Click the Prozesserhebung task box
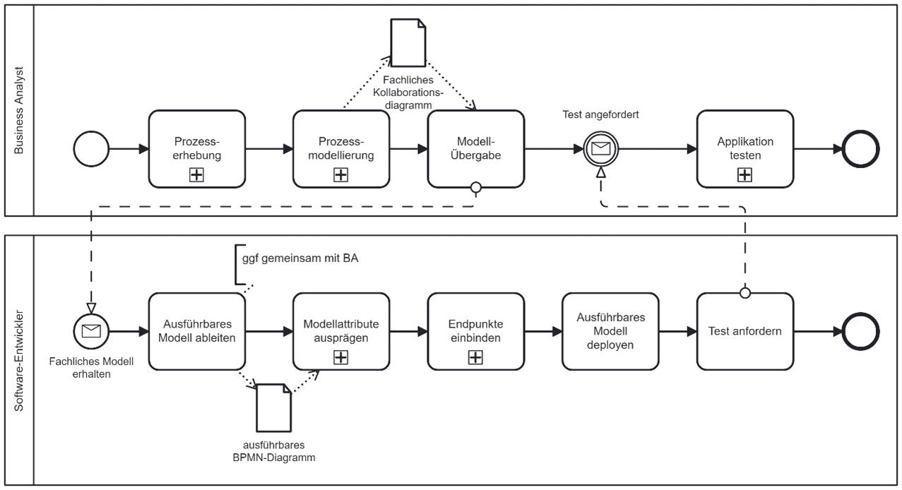pos(197,148)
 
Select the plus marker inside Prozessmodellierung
pos(341,175)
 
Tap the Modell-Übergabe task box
pos(475,148)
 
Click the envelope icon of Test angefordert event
pos(600,148)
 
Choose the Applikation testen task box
pos(745,148)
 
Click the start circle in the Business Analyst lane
pos(91,149)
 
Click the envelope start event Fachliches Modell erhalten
pos(91,330)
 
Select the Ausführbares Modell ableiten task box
pos(197,330)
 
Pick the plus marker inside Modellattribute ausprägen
pos(341,357)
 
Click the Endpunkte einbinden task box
pos(475,330)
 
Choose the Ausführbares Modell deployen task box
pos(610,330)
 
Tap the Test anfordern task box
pos(745,330)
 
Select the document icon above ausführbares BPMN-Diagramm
pos(274,408)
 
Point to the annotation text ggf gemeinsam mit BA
pos(300,258)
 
